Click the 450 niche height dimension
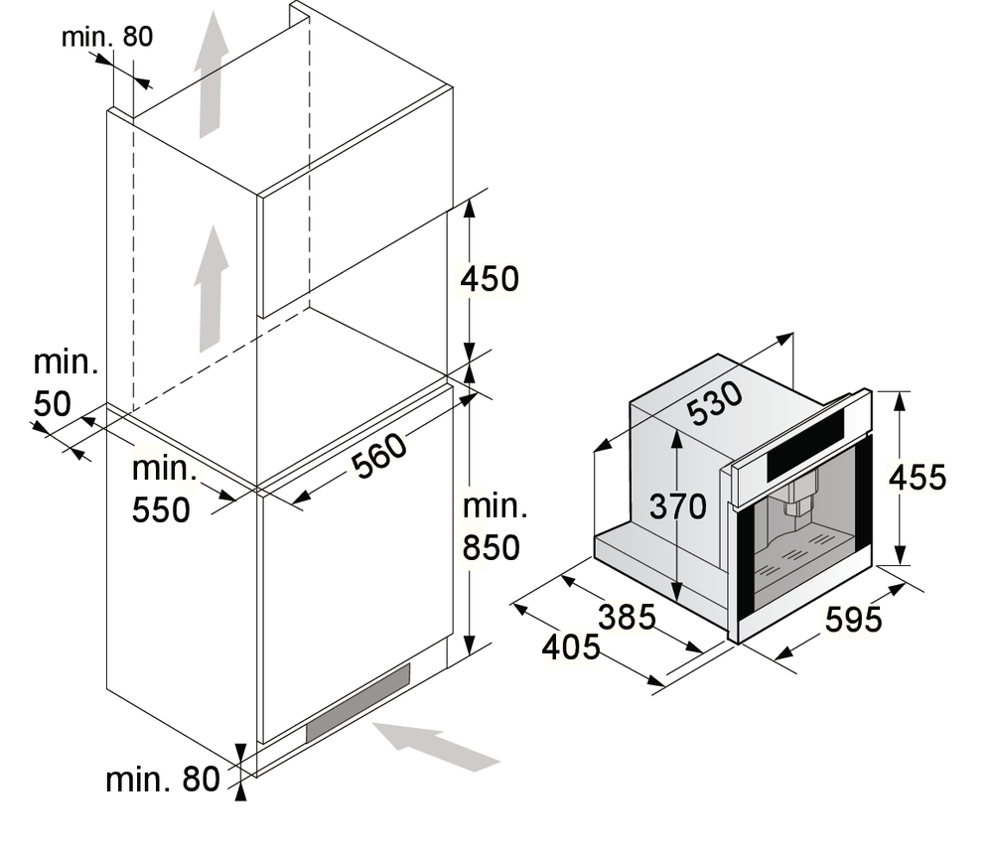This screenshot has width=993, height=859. coord(490,279)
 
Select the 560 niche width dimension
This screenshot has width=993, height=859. coord(377,457)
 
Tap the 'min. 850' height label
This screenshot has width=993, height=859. coord(493,527)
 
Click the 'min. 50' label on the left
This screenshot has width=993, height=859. coord(66,382)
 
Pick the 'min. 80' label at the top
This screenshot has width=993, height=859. coord(107,37)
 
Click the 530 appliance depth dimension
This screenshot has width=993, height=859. coord(715,402)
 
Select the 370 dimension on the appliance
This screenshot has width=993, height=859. coord(677,506)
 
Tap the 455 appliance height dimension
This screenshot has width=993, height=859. coord(918,478)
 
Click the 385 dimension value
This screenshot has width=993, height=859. coord(628,617)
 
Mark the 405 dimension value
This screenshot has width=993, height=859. coord(571,647)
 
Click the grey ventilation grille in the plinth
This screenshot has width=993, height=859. coord(357,702)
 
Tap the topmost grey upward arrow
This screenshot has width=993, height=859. coord(211,75)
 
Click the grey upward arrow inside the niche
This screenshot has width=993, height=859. coord(212,288)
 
